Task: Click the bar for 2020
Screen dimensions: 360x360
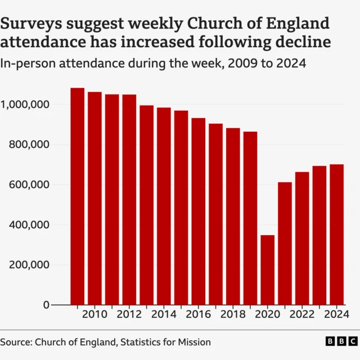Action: [x=268, y=270]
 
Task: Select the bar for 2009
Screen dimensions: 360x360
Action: [x=78, y=196]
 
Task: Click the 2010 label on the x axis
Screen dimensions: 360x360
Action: [x=94, y=314]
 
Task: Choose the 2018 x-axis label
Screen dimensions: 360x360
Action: [x=233, y=314]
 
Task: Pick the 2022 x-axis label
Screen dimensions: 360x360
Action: [x=302, y=314]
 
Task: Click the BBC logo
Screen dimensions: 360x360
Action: [x=341, y=342]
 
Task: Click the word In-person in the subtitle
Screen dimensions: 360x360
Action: [x=22, y=64]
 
